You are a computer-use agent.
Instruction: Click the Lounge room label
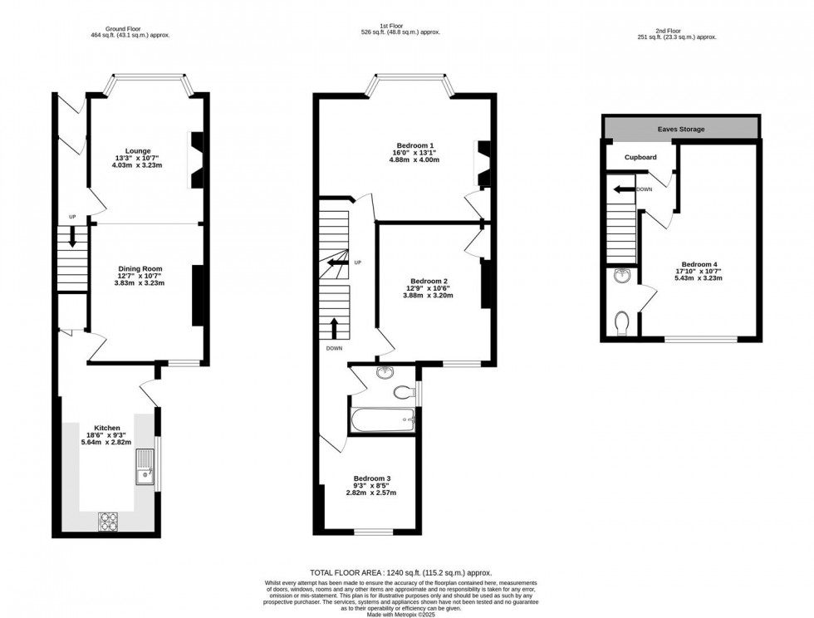click(138, 151)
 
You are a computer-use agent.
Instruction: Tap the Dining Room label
click(140, 269)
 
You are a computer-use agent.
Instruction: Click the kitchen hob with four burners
click(109, 521)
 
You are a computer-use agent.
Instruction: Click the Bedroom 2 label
click(428, 281)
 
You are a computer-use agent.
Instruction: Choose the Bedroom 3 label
click(371, 478)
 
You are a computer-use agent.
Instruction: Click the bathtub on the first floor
click(382, 419)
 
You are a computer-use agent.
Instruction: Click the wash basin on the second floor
click(621, 277)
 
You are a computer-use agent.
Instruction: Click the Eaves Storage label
click(680, 130)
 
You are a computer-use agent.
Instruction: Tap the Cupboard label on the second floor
click(640, 157)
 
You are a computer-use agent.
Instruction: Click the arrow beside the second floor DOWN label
click(620, 189)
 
